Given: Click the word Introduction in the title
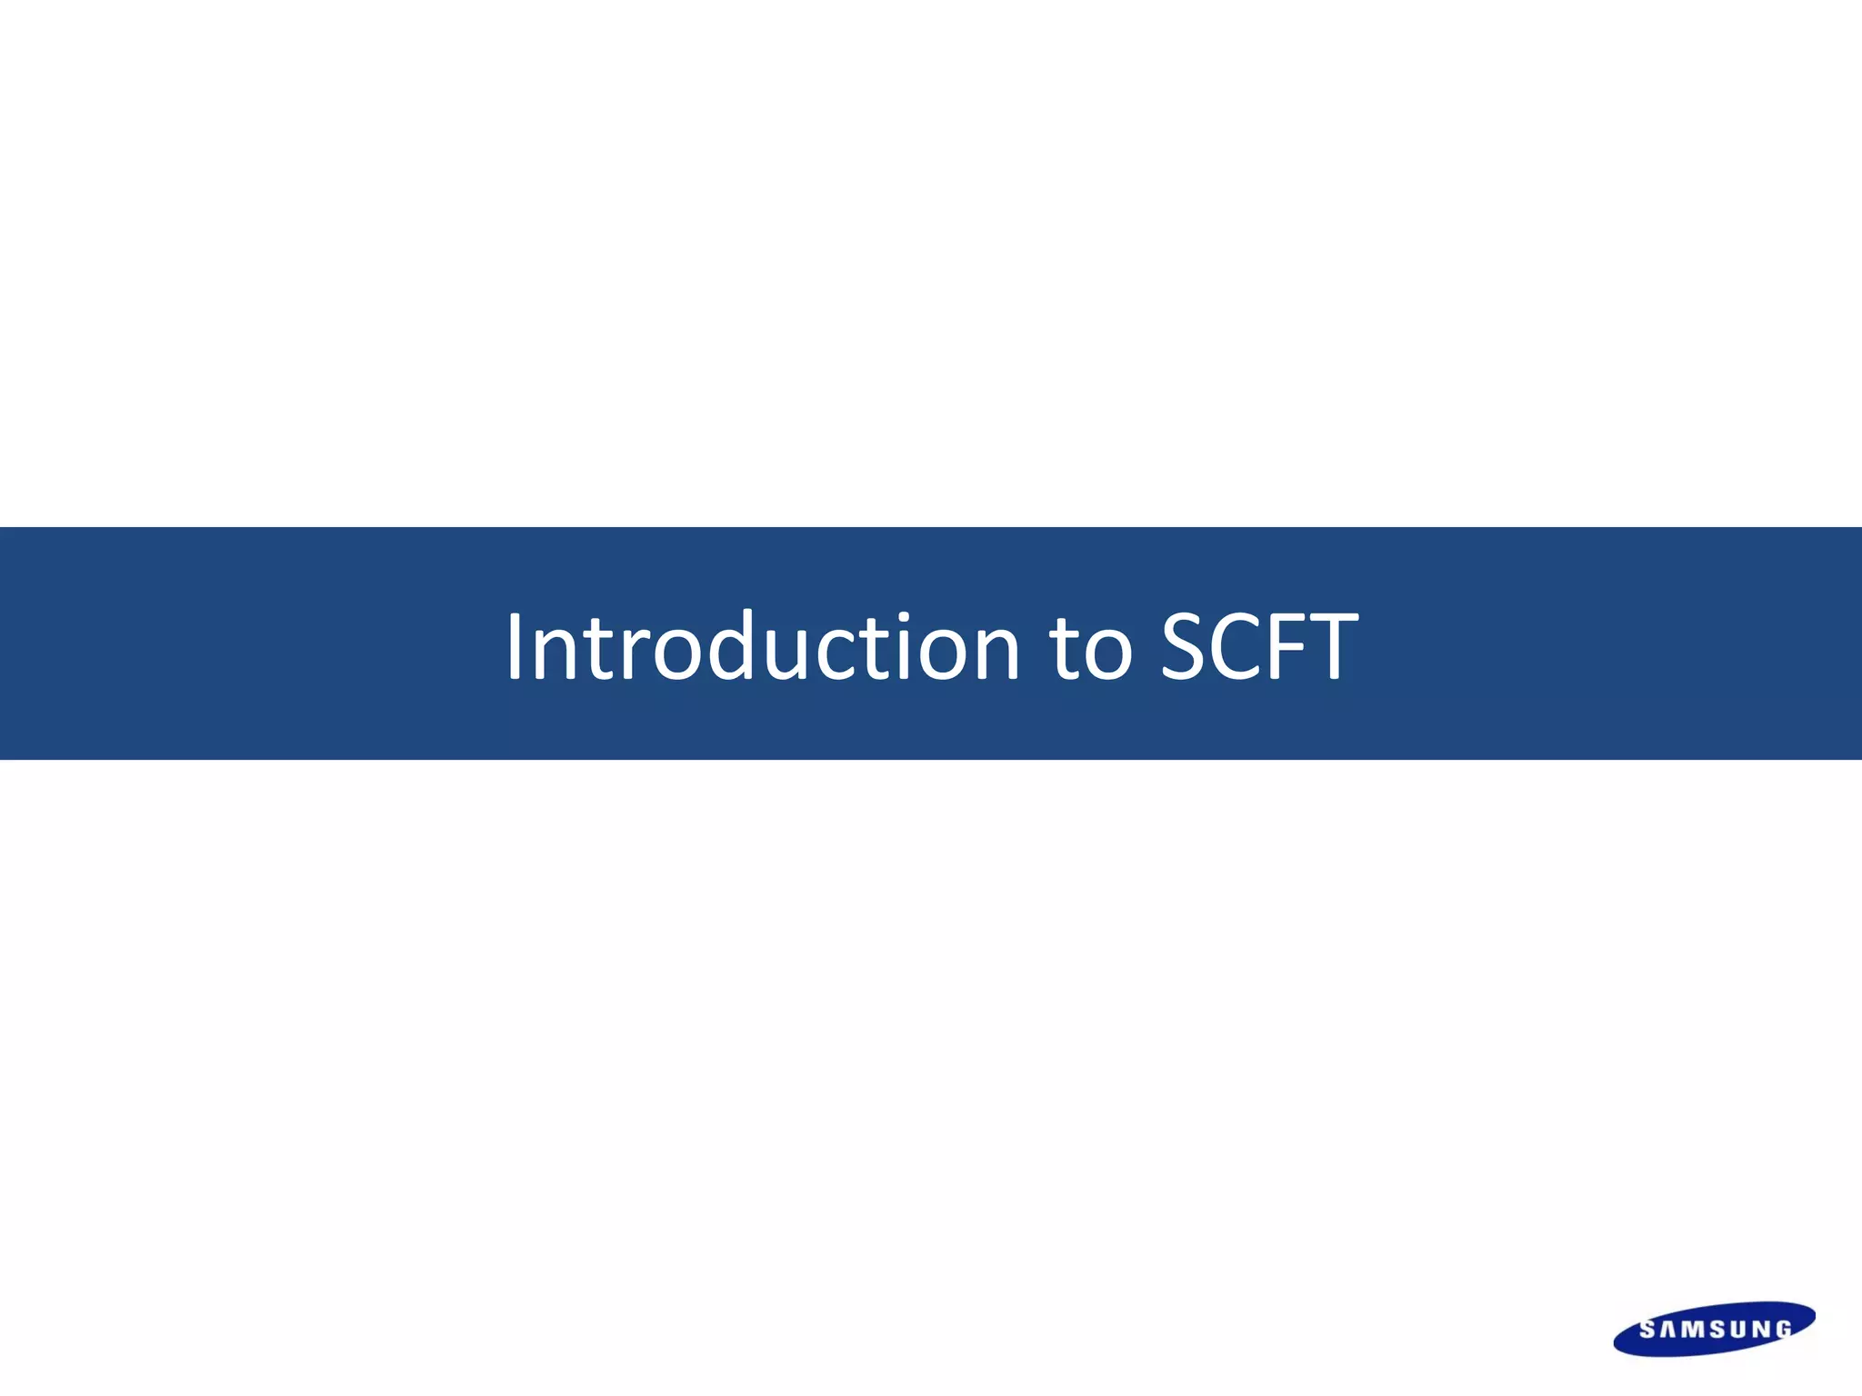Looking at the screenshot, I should click(762, 646).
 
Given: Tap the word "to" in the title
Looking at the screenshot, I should click(1090, 646).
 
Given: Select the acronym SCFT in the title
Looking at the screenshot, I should click(1259, 646).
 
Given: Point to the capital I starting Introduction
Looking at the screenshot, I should click(515, 646).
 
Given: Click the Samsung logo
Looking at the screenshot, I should click(1714, 1329).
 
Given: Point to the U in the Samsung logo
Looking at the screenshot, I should click(1739, 1330).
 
